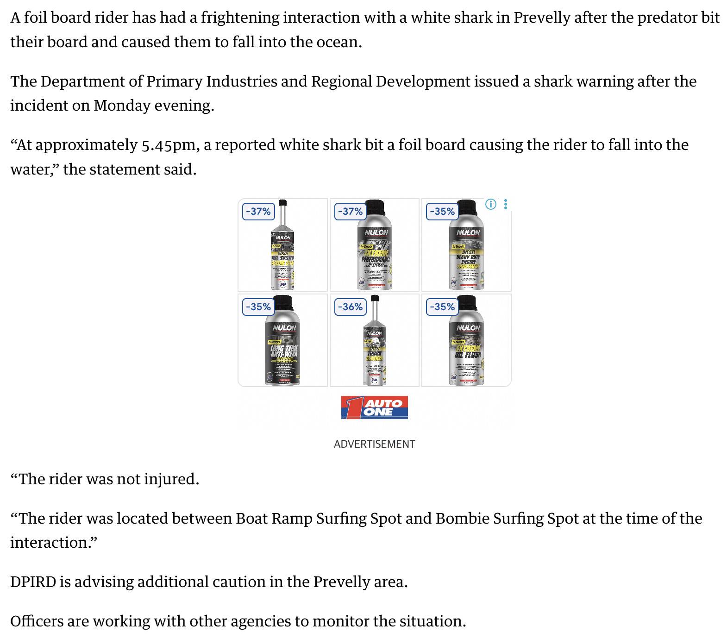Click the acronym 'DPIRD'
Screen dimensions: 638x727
point(33,582)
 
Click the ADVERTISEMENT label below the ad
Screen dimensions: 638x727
point(374,444)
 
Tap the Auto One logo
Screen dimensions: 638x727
point(374,407)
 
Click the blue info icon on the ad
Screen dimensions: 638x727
point(491,204)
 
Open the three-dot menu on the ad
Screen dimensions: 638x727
point(506,204)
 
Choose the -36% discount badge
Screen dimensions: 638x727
point(350,307)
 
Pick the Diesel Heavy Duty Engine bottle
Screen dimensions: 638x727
point(467,250)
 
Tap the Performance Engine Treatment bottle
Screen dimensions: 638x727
point(375,250)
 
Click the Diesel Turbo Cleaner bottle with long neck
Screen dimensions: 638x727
point(375,347)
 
